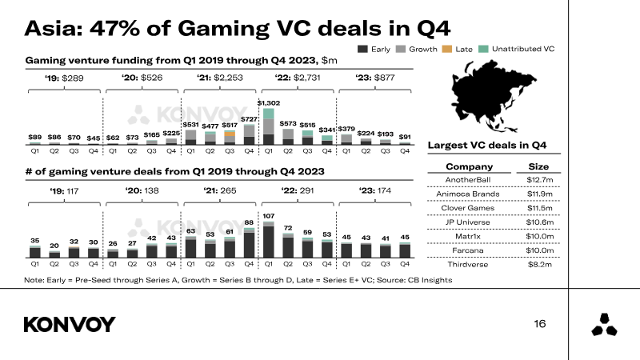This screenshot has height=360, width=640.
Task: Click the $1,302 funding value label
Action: point(269,103)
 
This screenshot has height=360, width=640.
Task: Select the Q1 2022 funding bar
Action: point(269,126)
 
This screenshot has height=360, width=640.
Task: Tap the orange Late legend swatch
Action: point(447,49)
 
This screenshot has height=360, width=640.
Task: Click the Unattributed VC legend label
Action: point(523,49)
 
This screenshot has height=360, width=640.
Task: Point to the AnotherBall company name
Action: point(468,179)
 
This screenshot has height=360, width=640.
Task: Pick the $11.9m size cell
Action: point(539,194)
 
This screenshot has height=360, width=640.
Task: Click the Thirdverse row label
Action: point(468,265)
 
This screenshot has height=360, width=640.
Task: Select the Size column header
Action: point(538,166)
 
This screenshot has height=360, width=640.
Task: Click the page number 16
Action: point(539,324)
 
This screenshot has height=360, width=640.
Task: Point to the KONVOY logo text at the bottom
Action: point(70,325)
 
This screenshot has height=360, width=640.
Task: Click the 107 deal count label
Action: point(269,216)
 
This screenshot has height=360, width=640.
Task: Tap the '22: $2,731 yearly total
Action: point(298,78)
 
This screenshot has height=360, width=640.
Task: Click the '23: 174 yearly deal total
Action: point(375,190)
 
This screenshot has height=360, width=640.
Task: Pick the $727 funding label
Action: point(249,119)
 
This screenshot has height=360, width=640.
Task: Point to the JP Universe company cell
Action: point(468,222)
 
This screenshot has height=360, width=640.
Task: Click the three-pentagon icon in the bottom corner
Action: point(605,325)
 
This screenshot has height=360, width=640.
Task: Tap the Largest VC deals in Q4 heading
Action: point(487,146)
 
